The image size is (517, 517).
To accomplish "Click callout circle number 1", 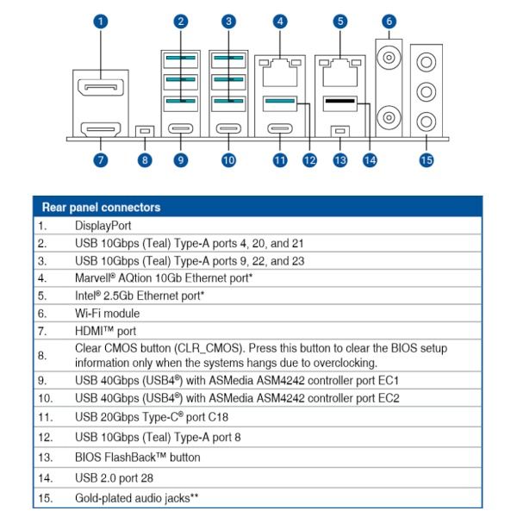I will (x=102, y=21).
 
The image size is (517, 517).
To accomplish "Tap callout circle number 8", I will (x=145, y=159).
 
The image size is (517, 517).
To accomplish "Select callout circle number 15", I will (x=426, y=159).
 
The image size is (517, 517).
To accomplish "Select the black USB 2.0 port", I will (x=340, y=104).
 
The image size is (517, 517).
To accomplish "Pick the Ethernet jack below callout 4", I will (x=278, y=72).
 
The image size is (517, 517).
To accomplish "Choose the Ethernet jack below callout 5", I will (x=340, y=72).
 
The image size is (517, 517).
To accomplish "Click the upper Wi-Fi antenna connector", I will (x=389, y=58).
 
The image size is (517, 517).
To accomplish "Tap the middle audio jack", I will (x=426, y=90).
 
